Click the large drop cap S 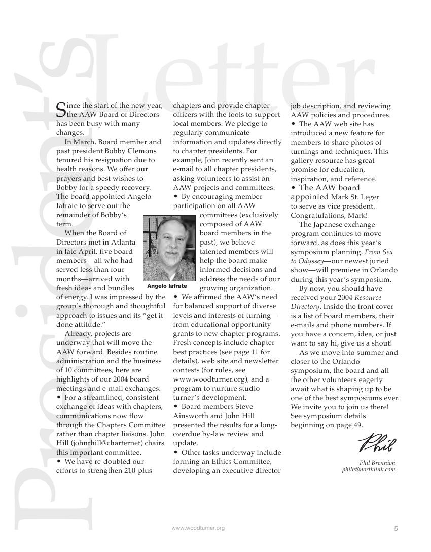pos(60,110)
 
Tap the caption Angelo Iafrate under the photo pos(167,286)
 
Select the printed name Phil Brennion pos(377,463)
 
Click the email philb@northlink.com pos(369,470)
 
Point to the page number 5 pos(396,529)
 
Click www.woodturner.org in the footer pos(198,528)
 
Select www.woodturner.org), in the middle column pos(204,379)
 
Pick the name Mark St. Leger pos(355,197)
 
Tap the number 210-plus pos(136,470)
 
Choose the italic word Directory pos(305,306)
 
